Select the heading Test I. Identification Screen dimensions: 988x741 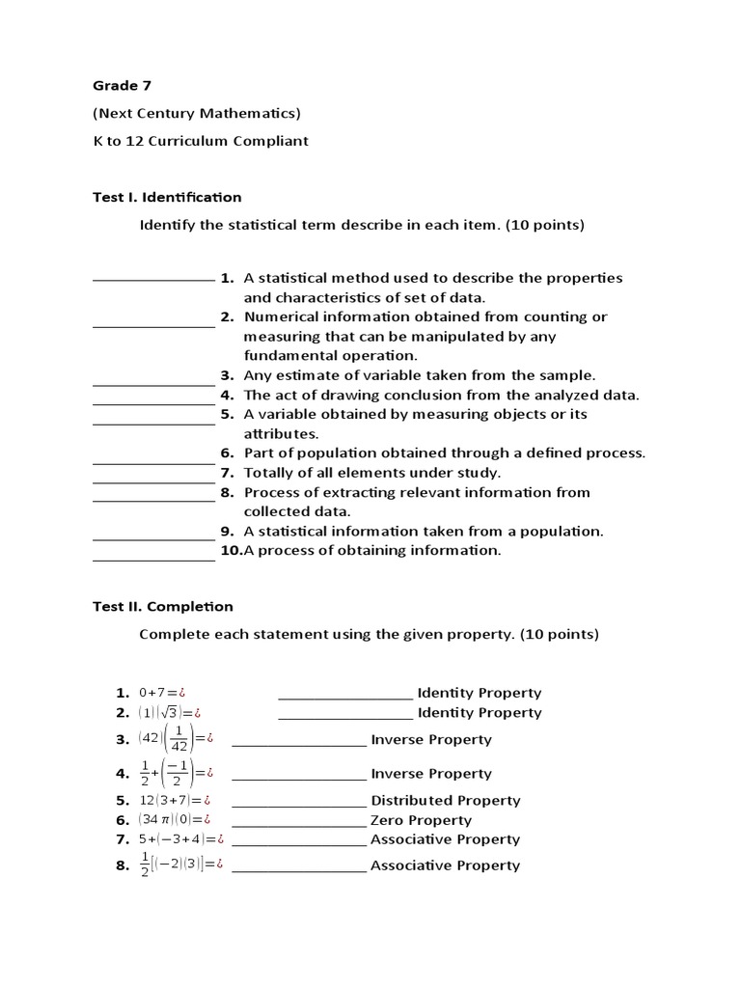click(167, 197)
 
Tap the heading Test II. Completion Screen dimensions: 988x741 click(163, 607)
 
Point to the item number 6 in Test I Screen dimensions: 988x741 click(227, 453)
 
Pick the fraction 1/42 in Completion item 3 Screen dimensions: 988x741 click(179, 740)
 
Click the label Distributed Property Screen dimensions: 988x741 click(446, 801)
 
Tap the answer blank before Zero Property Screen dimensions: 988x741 click(299, 820)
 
